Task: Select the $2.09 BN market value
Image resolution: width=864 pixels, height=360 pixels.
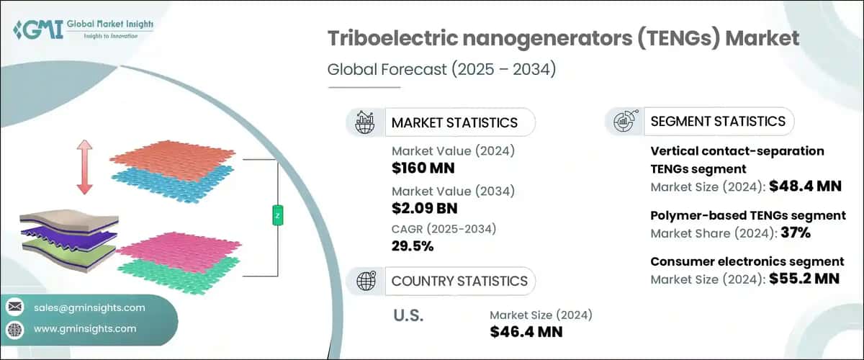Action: (425, 209)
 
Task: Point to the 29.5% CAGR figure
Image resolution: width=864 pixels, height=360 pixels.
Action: (413, 246)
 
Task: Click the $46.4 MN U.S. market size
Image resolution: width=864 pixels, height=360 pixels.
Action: (526, 332)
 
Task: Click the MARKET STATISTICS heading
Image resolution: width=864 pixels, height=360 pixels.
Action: (454, 122)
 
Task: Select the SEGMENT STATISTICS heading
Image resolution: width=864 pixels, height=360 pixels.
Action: (717, 121)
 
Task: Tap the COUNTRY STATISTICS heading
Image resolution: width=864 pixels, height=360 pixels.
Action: (459, 281)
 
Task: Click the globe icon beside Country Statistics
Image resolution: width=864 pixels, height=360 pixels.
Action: (367, 281)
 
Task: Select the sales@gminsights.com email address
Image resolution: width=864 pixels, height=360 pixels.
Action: (89, 307)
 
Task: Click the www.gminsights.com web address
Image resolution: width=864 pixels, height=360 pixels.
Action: (85, 329)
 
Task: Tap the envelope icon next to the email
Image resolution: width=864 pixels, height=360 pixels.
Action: (14, 307)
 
